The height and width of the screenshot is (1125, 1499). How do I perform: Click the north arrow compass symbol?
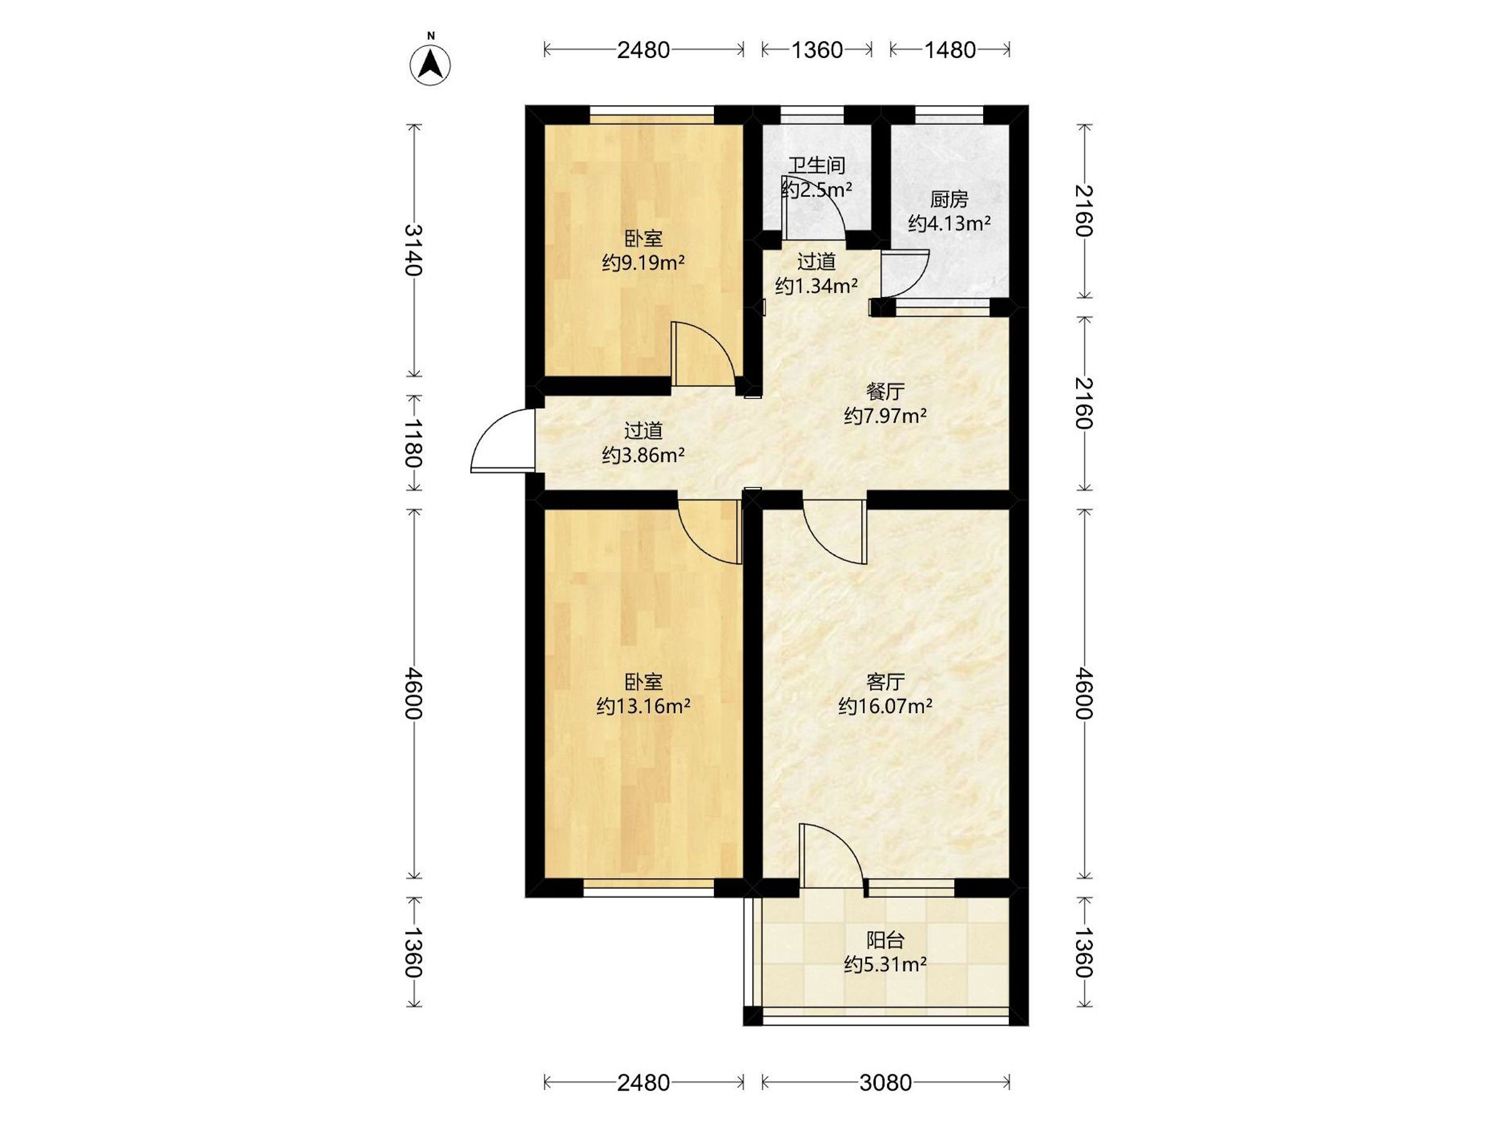(430, 64)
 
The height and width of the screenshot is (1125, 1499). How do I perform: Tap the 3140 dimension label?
(413, 250)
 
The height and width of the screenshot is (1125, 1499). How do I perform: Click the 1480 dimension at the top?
(949, 50)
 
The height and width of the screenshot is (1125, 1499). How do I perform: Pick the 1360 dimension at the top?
(816, 50)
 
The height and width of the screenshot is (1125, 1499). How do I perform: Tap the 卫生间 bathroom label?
(816, 166)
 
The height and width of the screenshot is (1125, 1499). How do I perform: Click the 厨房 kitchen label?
(949, 199)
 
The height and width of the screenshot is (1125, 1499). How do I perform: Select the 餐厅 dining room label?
(885, 391)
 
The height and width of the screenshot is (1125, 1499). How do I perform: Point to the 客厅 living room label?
(885, 681)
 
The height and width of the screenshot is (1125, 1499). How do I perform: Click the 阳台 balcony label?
(885, 941)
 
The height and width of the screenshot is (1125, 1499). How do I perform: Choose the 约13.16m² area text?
(643, 707)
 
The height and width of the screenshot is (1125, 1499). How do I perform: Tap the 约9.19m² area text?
(643, 262)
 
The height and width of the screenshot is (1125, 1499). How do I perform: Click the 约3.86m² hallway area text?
(643, 455)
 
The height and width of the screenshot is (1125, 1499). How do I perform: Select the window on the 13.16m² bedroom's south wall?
(648, 887)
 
